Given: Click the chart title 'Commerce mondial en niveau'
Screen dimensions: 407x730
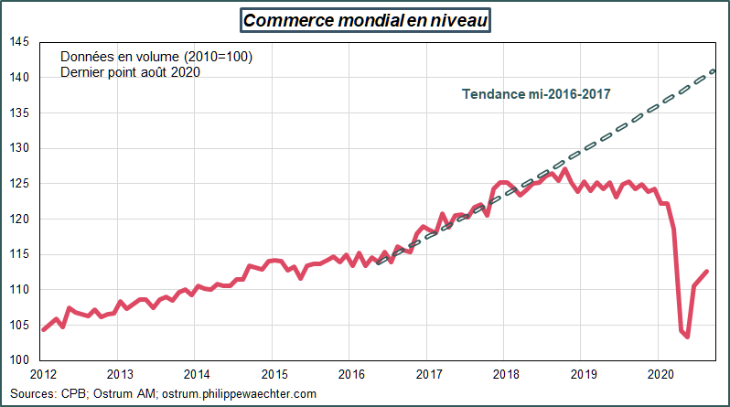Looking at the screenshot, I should click(x=364, y=19).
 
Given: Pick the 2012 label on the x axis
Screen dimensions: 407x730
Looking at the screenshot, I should click(x=43, y=374).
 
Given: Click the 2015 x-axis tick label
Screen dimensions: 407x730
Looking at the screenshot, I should click(x=275, y=374).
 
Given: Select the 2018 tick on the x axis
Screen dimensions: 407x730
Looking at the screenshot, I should click(x=507, y=374).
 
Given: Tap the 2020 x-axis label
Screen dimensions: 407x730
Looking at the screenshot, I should click(x=661, y=374).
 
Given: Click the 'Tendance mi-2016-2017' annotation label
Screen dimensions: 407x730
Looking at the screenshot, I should click(x=536, y=93).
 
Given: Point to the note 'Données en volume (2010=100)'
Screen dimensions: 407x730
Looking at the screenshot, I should click(x=156, y=57).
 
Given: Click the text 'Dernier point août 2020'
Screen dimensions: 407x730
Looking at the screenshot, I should click(x=131, y=72).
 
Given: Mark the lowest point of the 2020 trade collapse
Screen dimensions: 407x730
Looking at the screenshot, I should click(x=688, y=337).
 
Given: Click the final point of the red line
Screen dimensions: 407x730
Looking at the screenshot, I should click(x=707, y=271).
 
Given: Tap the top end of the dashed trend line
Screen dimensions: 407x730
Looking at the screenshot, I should click(x=714, y=70).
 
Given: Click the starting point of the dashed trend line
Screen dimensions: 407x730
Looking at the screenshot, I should click(x=379, y=262).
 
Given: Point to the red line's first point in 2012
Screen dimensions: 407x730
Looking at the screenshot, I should click(x=43, y=329).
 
